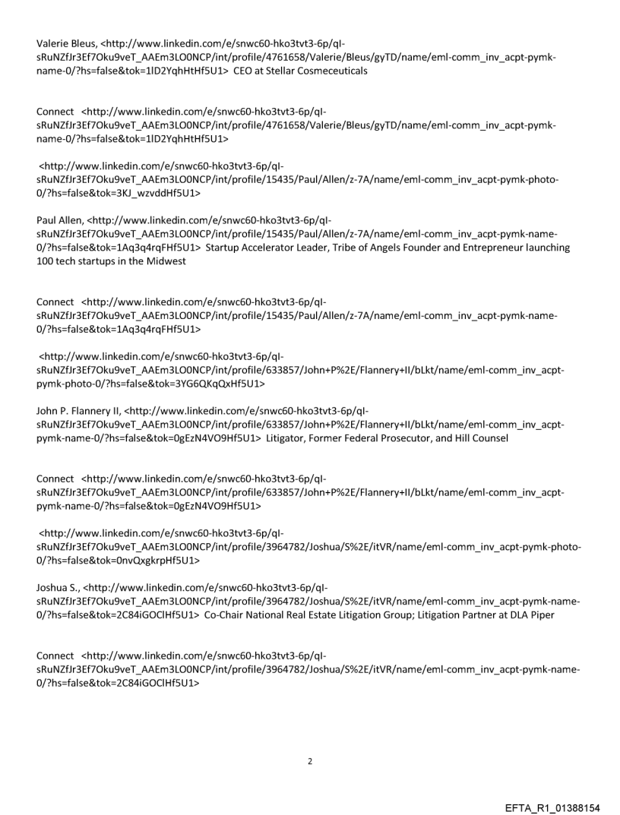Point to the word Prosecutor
[407, 438]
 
